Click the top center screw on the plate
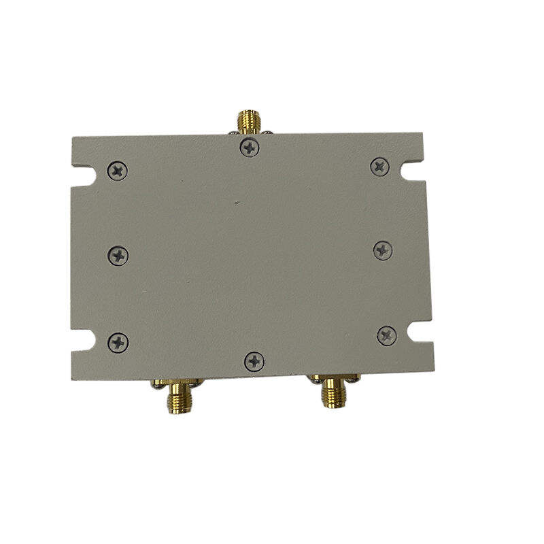click(250, 147)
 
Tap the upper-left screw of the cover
click(118, 171)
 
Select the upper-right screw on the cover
click(379, 166)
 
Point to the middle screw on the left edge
click(118, 256)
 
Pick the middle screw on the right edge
click(383, 250)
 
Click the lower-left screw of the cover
click(118, 342)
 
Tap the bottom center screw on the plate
click(254, 361)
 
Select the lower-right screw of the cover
click(387, 335)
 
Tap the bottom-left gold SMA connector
click(180, 398)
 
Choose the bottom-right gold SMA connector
click(333, 392)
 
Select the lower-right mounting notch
click(420, 333)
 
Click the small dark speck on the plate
click(236, 202)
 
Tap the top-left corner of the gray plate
click(72, 137)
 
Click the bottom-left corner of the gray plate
click(72, 379)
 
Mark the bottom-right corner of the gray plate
click(434, 371)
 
